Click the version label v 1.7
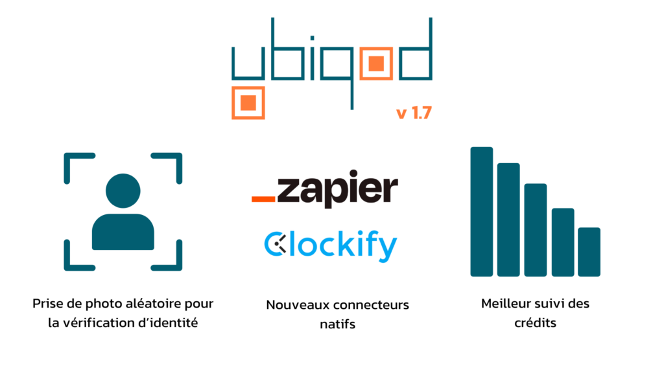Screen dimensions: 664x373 point(414,113)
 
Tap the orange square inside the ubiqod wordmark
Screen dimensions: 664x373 point(376,64)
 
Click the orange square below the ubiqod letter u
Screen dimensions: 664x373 point(248,103)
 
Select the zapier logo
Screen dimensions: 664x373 point(325,188)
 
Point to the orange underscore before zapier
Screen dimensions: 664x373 point(263,199)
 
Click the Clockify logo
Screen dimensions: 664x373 point(331,246)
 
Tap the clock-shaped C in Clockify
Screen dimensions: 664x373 point(276,244)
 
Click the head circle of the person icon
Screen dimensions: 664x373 point(123,191)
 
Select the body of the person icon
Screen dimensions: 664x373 point(123,232)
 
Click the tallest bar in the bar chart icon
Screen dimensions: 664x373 point(482,212)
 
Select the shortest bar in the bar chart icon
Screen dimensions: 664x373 point(589,252)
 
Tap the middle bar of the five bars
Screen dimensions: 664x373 point(535,230)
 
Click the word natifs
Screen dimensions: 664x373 point(337,324)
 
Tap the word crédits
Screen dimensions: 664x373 point(535,323)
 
